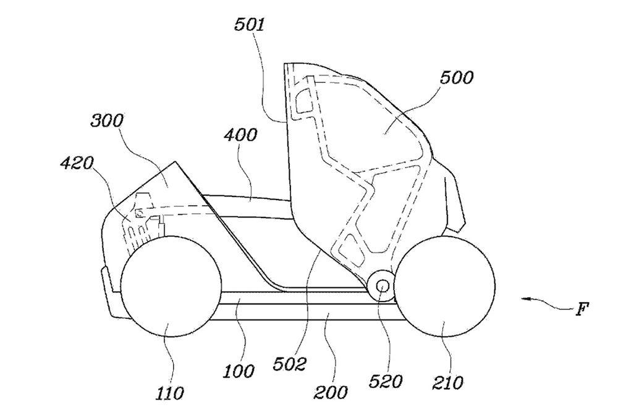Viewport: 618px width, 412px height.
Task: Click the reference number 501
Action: [x=250, y=25]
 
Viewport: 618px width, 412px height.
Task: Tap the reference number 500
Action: [x=457, y=77]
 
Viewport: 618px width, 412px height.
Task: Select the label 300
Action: [x=107, y=121]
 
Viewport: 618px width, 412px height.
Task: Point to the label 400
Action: [x=240, y=135]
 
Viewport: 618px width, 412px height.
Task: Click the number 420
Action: [x=77, y=162]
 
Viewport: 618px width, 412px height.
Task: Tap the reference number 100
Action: [x=239, y=371]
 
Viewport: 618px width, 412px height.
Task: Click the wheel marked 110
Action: [x=171, y=286]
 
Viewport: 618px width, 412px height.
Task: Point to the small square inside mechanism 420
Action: [x=139, y=212]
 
